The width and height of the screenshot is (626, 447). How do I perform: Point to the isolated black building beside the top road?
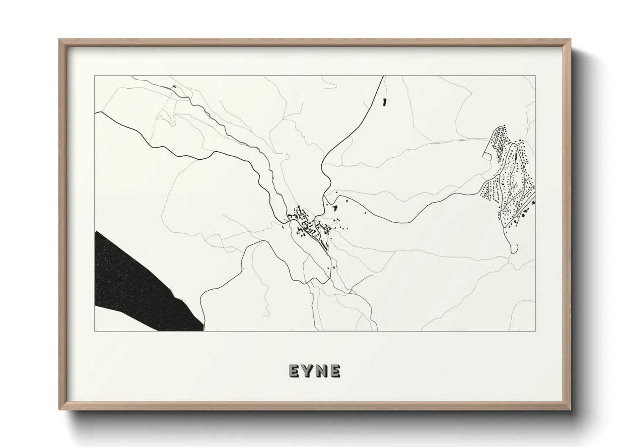384,102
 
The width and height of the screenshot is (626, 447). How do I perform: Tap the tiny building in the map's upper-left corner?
173,87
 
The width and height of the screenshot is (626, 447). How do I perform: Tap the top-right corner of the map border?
535,76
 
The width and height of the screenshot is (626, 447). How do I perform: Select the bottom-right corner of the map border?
535,331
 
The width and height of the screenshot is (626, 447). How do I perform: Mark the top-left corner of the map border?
95,76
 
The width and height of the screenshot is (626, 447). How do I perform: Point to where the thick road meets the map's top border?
383,76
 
